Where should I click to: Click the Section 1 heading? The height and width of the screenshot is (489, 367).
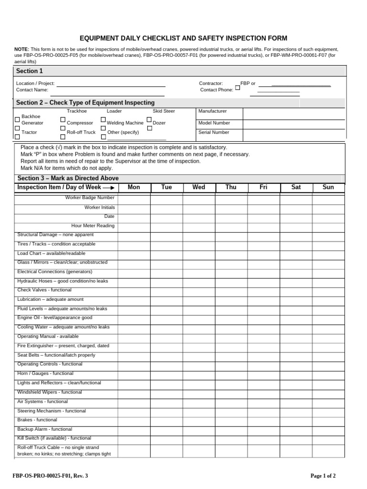(30, 71)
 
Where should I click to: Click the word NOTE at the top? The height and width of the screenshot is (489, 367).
(22, 49)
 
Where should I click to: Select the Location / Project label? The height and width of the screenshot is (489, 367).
(35, 84)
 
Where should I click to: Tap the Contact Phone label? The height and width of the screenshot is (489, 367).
(216, 90)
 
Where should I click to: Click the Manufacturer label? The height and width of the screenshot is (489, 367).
(213, 111)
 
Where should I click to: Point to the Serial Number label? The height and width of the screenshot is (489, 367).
(214, 132)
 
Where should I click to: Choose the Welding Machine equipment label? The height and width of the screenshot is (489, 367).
(125, 123)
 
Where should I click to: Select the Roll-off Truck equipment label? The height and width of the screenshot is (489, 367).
(81, 132)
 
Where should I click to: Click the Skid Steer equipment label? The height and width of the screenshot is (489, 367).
(164, 111)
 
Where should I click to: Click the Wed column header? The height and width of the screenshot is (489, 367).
(199, 187)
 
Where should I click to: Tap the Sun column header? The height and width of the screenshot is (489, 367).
(328, 187)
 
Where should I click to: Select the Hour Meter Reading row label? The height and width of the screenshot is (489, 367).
(93, 226)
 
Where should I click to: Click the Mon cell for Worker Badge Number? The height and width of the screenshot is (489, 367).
(134, 198)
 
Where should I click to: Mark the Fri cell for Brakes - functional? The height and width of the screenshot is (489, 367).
(263, 420)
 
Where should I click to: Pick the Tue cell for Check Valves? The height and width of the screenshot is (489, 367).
(166, 290)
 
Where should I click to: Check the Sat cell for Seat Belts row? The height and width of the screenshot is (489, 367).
(296, 355)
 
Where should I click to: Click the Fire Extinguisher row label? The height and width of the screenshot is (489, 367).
(63, 346)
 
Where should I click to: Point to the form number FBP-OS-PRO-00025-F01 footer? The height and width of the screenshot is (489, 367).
(50, 476)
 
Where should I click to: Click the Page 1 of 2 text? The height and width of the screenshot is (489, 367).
(323, 476)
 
